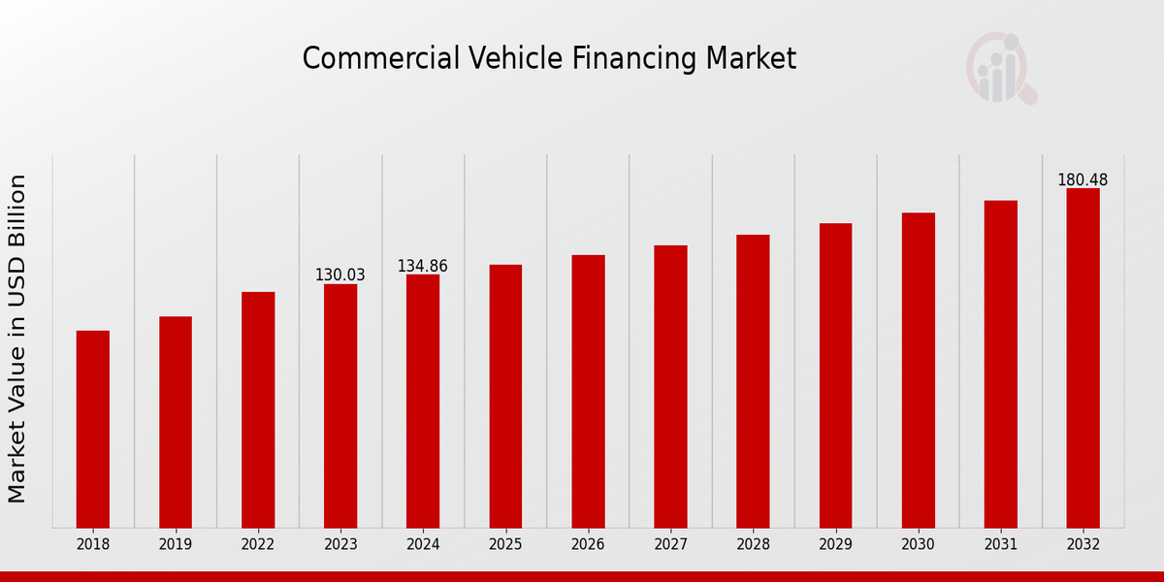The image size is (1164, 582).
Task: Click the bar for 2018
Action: pyautogui.click(x=93, y=429)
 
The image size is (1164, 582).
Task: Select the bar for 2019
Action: pyautogui.click(x=176, y=422)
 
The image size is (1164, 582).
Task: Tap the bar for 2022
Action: pyautogui.click(x=258, y=409)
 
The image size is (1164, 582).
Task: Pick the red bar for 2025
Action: pyautogui.click(x=505, y=396)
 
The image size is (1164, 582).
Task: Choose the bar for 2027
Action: pyautogui.click(x=670, y=386)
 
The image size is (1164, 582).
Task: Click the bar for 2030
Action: pyautogui.click(x=918, y=370)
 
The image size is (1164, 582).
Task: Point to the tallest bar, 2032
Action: pyautogui.click(x=1083, y=358)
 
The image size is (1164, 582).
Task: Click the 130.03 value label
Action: pyautogui.click(x=339, y=275)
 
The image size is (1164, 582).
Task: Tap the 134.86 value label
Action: pyautogui.click(x=422, y=266)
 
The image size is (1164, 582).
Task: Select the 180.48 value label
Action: pyautogui.click(x=1083, y=180)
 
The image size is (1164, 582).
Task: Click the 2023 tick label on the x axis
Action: pyautogui.click(x=340, y=545)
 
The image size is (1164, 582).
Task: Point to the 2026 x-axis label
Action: pyautogui.click(x=588, y=545)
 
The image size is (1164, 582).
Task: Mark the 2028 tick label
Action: pyautogui.click(x=753, y=545)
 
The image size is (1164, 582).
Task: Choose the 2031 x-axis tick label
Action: pyautogui.click(x=1000, y=545)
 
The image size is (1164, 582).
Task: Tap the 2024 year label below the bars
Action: pyautogui.click(x=423, y=545)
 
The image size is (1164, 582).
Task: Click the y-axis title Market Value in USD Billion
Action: pyautogui.click(x=17, y=339)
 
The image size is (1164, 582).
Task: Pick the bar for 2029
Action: pyautogui.click(x=835, y=375)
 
